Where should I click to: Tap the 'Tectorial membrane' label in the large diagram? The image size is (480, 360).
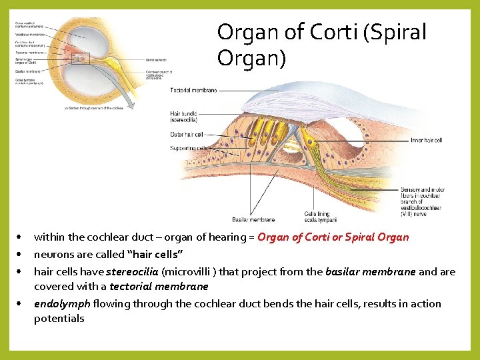click(x=193, y=90)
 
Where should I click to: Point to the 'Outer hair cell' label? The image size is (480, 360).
click(x=186, y=135)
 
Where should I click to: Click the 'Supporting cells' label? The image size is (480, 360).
click(x=189, y=147)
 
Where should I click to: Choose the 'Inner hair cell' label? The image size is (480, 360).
click(x=426, y=141)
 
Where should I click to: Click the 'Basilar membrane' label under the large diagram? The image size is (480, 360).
click(x=253, y=219)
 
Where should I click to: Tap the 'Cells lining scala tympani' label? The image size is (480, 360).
click(x=320, y=217)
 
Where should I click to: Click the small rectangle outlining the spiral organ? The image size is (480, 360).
click(x=81, y=59)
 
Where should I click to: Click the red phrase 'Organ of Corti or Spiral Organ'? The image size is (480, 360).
click(x=333, y=237)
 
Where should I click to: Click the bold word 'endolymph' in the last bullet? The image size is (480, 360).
click(x=62, y=304)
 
